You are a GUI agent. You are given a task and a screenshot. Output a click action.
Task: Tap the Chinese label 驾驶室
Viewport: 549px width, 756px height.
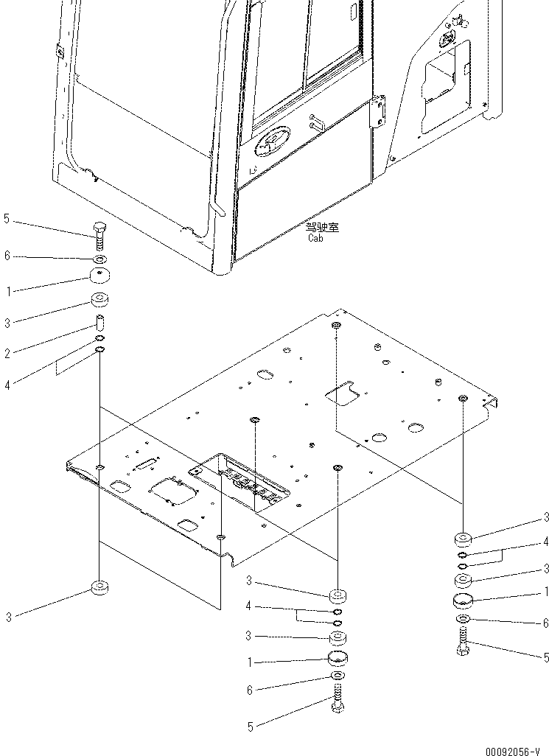[x=321, y=228]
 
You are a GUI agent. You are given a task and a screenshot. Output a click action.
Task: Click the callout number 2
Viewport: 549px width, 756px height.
[x=7, y=354]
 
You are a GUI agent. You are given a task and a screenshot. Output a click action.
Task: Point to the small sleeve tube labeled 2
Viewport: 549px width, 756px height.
[x=99, y=323]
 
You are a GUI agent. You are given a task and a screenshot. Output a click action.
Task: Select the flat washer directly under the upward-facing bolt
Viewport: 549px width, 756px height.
[x=99, y=259]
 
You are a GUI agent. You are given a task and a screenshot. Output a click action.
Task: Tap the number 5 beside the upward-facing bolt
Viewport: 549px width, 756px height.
[x=7, y=218]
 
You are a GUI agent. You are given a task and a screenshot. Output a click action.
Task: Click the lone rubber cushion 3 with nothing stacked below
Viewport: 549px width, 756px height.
[x=99, y=588]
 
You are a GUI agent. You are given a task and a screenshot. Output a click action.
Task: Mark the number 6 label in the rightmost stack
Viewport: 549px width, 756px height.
[x=545, y=623]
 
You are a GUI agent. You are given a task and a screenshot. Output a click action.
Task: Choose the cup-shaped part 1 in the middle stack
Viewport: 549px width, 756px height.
[x=338, y=659]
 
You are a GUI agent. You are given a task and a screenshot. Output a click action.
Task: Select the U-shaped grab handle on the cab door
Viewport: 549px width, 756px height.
[x=317, y=122]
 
